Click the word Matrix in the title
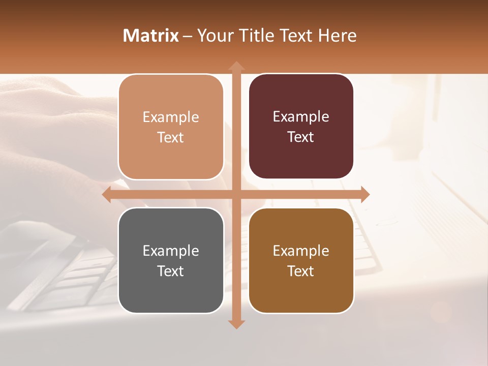151,36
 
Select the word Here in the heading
338,36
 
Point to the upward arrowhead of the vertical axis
236,66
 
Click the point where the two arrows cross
236,195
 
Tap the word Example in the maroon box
301,117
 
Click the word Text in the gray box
171,271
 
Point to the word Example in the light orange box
171,117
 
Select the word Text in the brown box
301,271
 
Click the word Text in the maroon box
301,137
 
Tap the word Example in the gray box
171,251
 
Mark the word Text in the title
295,36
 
